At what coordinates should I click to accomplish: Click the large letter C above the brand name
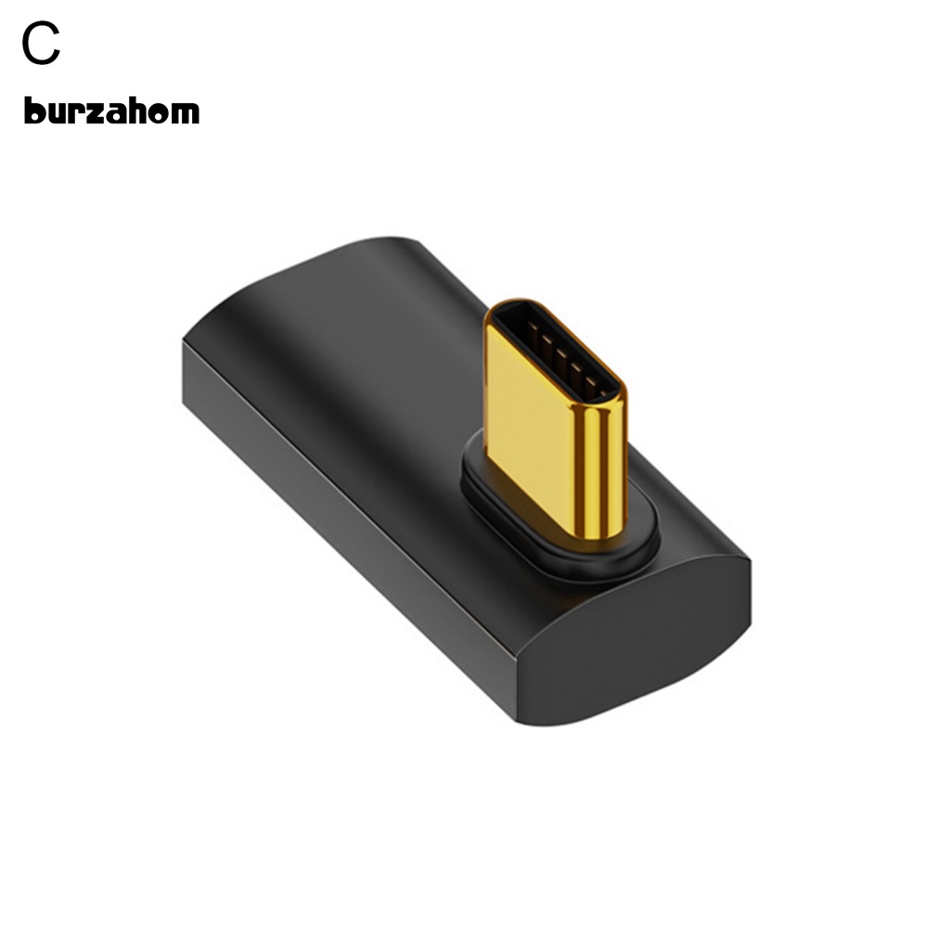point(42,45)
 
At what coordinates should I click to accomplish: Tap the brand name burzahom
point(111,112)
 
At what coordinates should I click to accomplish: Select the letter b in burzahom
point(33,111)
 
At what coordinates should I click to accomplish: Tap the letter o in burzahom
point(160,114)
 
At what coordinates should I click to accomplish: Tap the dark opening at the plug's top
point(555,353)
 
